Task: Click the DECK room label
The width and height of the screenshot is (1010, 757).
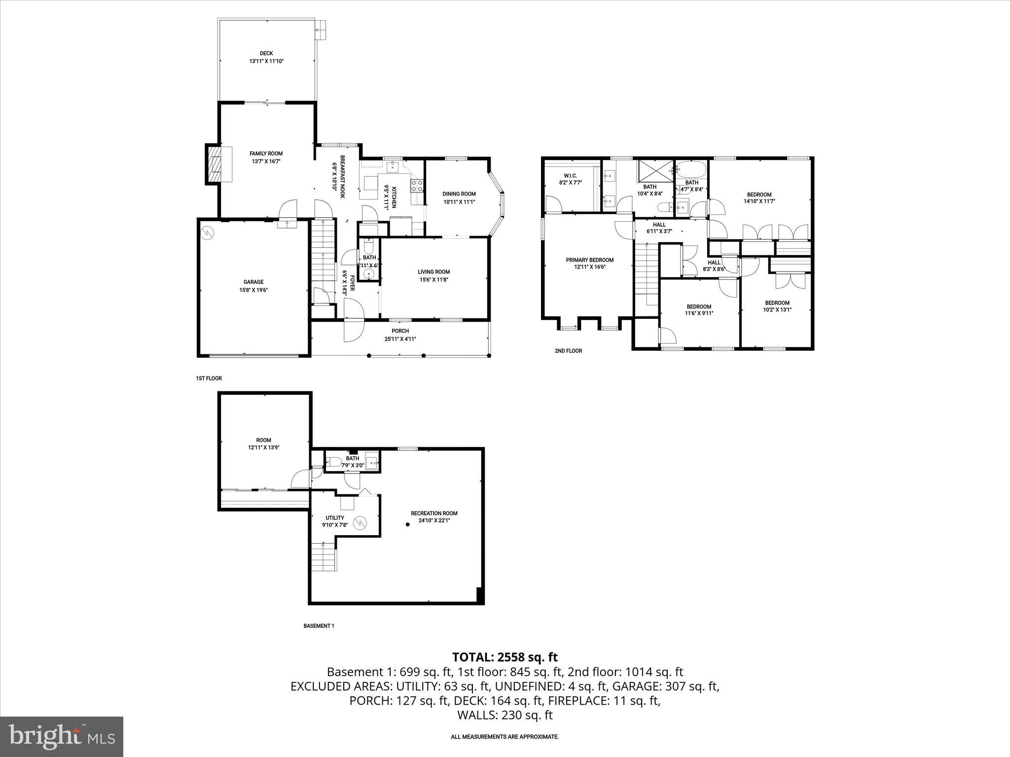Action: click(266, 53)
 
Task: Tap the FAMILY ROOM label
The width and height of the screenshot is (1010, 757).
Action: click(266, 153)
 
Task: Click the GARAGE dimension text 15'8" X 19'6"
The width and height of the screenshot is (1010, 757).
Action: click(253, 290)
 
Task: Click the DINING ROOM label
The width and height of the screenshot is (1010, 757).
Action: click(459, 194)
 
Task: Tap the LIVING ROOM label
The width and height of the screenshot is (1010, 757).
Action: click(433, 272)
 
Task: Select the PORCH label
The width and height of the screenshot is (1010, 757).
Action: click(400, 331)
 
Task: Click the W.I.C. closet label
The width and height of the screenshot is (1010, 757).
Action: click(570, 176)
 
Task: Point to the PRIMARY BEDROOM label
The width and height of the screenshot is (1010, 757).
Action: click(589, 260)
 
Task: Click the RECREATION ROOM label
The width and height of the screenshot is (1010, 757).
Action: click(434, 513)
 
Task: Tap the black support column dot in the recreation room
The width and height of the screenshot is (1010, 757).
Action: click(408, 525)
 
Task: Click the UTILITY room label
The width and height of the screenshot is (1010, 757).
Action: click(334, 518)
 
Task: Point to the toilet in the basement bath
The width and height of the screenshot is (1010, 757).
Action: click(335, 462)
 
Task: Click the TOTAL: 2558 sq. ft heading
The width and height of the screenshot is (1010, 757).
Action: click(505, 657)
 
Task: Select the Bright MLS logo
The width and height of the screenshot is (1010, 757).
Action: click(62, 736)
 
